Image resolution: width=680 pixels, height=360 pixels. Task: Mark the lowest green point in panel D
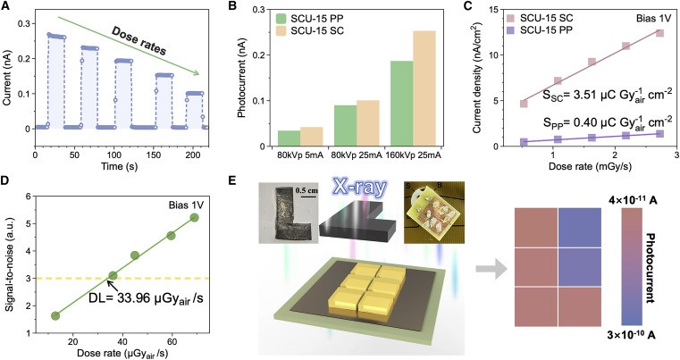(55, 316)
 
